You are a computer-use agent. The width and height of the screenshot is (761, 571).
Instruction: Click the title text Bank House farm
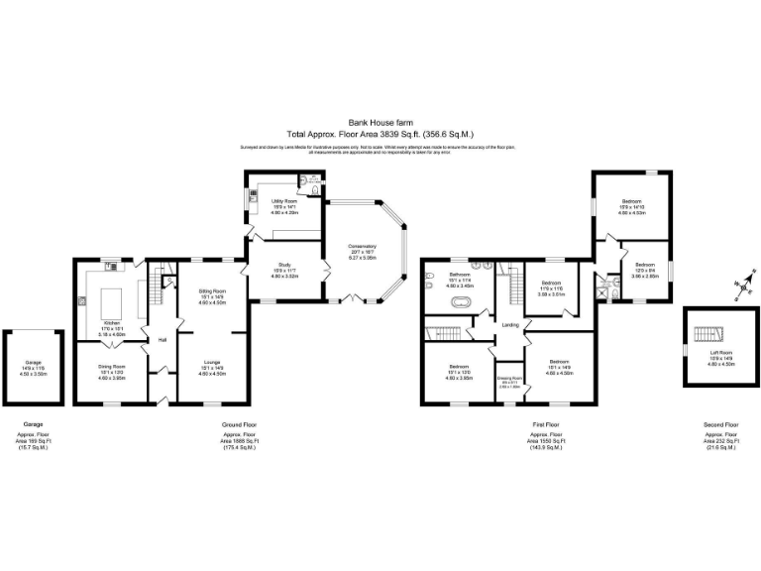pyautogui.click(x=380, y=123)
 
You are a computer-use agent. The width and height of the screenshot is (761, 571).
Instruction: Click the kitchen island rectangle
pyautogui.click(x=112, y=296)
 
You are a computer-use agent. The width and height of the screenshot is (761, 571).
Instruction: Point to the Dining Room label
pyautogui.click(x=111, y=367)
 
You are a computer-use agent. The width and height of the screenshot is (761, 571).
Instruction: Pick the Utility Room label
pyautogui.click(x=284, y=200)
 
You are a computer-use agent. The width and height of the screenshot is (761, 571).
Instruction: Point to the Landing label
pyautogui.click(x=510, y=325)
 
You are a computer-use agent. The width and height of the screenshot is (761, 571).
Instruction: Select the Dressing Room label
pyautogui.click(x=509, y=378)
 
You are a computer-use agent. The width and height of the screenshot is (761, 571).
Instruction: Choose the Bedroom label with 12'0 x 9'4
pyautogui.click(x=645, y=265)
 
